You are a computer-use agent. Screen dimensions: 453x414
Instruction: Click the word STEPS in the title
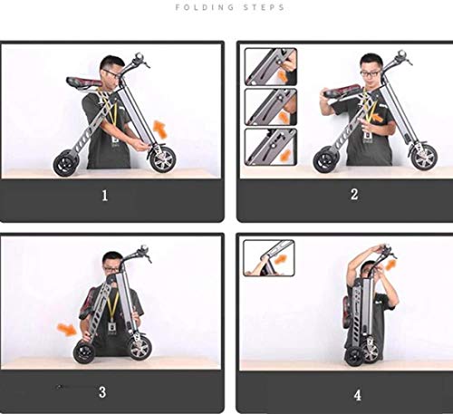(x=264, y=7)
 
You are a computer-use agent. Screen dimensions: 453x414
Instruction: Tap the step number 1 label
(x=104, y=196)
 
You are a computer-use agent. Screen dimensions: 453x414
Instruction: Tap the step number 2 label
(x=354, y=194)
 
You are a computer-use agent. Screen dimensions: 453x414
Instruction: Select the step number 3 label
(x=102, y=392)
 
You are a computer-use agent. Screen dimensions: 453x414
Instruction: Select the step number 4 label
(x=357, y=395)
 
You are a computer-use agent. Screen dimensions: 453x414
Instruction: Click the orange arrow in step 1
(x=159, y=129)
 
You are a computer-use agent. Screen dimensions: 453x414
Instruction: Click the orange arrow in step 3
(x=67, y=329)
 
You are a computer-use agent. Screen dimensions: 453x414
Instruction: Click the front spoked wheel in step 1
(x=162, y=159)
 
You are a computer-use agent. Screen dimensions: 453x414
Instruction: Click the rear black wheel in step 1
(x=66, y=163)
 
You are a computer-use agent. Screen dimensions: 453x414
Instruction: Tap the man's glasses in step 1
(x=112, y=73)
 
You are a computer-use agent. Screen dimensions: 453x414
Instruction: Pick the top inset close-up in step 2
(x=271, y=66)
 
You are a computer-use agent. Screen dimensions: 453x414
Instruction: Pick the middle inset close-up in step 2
(x=271, y=107)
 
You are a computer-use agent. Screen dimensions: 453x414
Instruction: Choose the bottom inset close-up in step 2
(x=271, y=147)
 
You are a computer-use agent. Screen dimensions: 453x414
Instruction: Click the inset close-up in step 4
(x=268, y=258)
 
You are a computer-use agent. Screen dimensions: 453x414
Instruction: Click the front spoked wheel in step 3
(x=140, y=348)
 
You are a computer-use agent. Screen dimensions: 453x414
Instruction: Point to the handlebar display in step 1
(x=140, y=56)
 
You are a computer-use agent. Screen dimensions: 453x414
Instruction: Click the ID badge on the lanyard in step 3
(x=112, y=329)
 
